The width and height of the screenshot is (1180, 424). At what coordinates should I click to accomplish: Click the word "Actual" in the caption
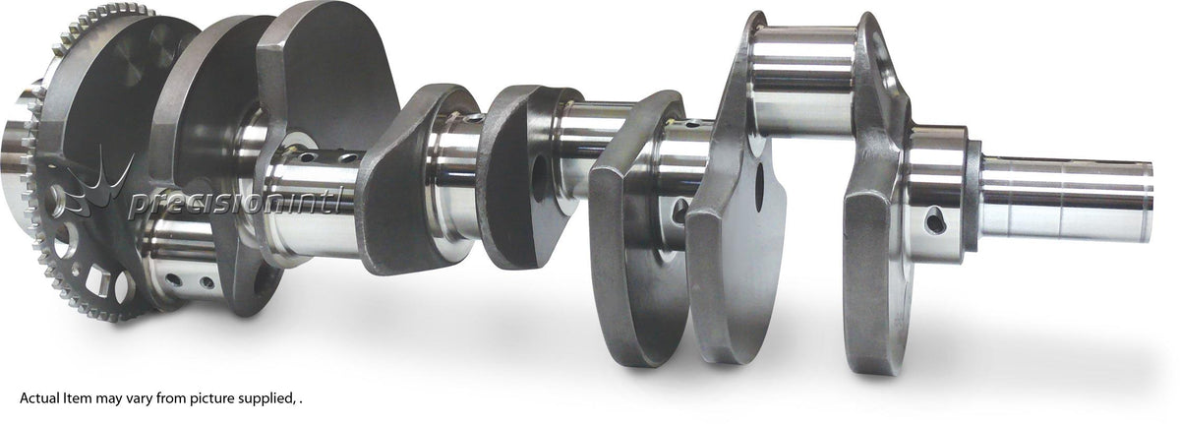[x=39, y=398]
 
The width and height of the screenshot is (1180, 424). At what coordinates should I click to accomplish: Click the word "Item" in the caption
[x=77, y=398]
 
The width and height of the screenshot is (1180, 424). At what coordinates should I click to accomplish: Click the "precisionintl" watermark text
[x=234, y=203]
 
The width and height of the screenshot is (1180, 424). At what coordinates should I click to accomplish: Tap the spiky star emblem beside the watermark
[x=97, y=184]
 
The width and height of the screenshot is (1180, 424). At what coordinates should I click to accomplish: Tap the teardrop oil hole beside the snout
[x=935, y=220]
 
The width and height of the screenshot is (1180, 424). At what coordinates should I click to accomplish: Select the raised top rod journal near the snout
[x=803, y=79]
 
